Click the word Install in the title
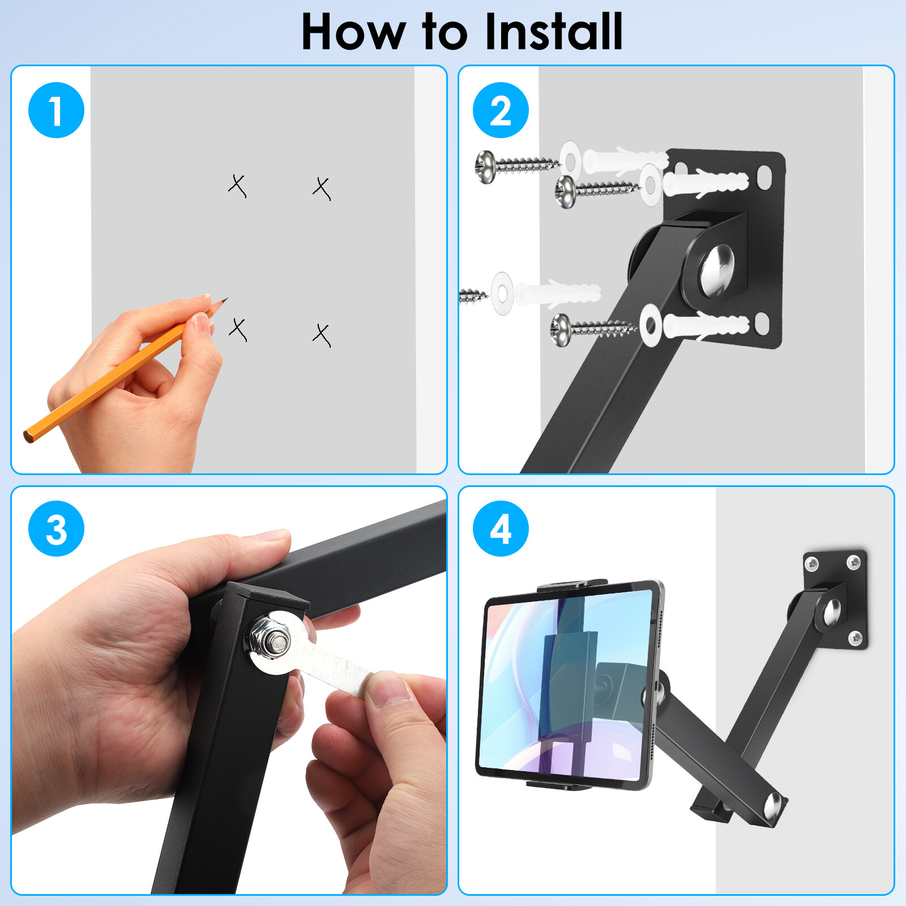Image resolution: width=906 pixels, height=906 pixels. (x=554, y=32)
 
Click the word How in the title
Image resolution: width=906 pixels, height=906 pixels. (x=352, y=33)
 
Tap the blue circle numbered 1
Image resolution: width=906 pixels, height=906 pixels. (x=56, y=110)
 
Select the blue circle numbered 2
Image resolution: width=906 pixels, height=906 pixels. (x=501, y=110)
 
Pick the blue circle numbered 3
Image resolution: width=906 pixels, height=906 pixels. (x=56, y=528)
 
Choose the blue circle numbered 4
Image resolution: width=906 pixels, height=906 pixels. (x=501, y=528)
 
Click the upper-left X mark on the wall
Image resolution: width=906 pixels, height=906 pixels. (x=238, y=186)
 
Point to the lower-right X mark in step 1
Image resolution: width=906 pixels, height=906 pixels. (x=322, y=335)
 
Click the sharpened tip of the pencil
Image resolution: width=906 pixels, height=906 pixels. (x=225, y=300)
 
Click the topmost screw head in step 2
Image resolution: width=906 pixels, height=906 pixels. (x=485, y=166)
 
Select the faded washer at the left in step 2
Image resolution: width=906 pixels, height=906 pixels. (x=502, y=293)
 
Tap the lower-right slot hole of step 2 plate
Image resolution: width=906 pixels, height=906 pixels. (x=762, y=325)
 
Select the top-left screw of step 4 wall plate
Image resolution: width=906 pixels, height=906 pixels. (x=813, y=563)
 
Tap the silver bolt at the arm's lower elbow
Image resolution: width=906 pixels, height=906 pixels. (x=773, y=806)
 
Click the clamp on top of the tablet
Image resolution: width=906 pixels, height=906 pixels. (x=572, y=585)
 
